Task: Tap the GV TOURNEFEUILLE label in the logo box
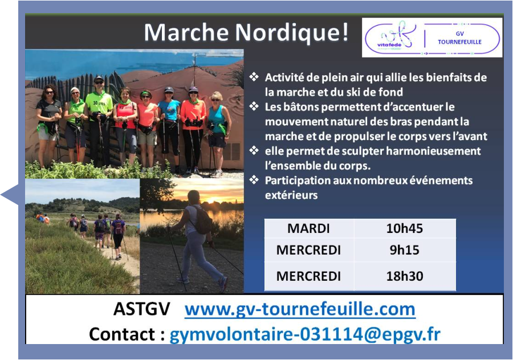[x=459, y=38]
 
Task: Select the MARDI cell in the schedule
[x=308, y=228]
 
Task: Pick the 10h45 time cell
[x=405, y=228]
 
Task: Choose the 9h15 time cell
[x=405, y=250]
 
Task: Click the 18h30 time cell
[x=405, y=276]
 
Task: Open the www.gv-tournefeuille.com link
[x=300, y=309]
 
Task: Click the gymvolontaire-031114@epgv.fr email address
[x=305, y=334]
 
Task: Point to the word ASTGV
[x=142, y=309]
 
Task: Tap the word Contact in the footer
[x=122, y=334]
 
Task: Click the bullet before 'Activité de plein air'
[x=254, y=77]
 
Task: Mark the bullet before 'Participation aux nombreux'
[x=254, y=180]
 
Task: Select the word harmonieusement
[x=433, y=151]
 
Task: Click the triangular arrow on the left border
[x=10, y=195]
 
